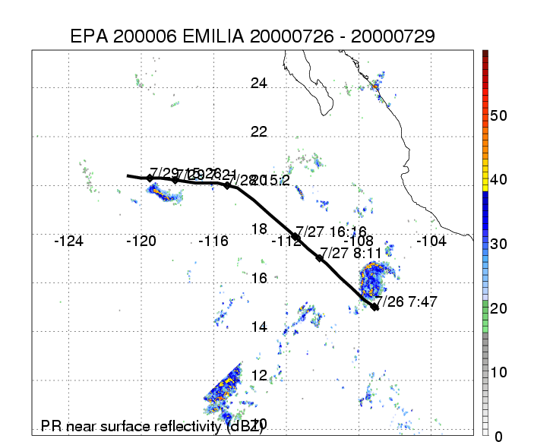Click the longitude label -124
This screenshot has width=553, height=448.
[x=69, y=241]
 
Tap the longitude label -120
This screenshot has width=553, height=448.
[x=141, y=241]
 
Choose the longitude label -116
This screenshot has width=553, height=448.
[x=213, y=241]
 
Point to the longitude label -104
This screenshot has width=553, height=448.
[x=431, y=241]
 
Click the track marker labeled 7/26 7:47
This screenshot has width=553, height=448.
[x=374, y=307]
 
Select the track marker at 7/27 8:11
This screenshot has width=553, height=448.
[x=320, y=258]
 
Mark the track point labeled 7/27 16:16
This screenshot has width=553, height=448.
[x=295, y=236]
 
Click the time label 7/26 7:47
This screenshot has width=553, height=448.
[x=408, y=301]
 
